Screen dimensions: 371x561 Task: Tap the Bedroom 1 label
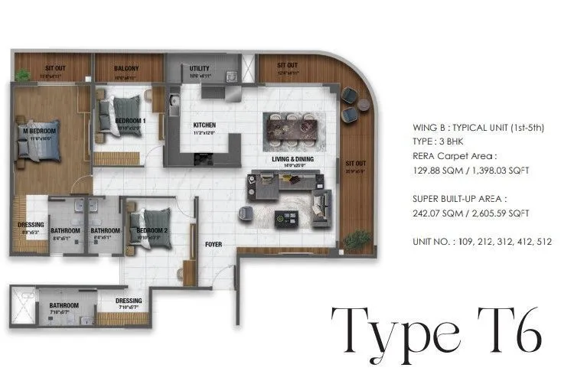tap(130, 121)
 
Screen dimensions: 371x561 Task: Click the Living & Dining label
tap(289, 160)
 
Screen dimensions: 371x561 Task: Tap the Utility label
tap(199, 68)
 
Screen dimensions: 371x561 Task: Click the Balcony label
tap(126, 67)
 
